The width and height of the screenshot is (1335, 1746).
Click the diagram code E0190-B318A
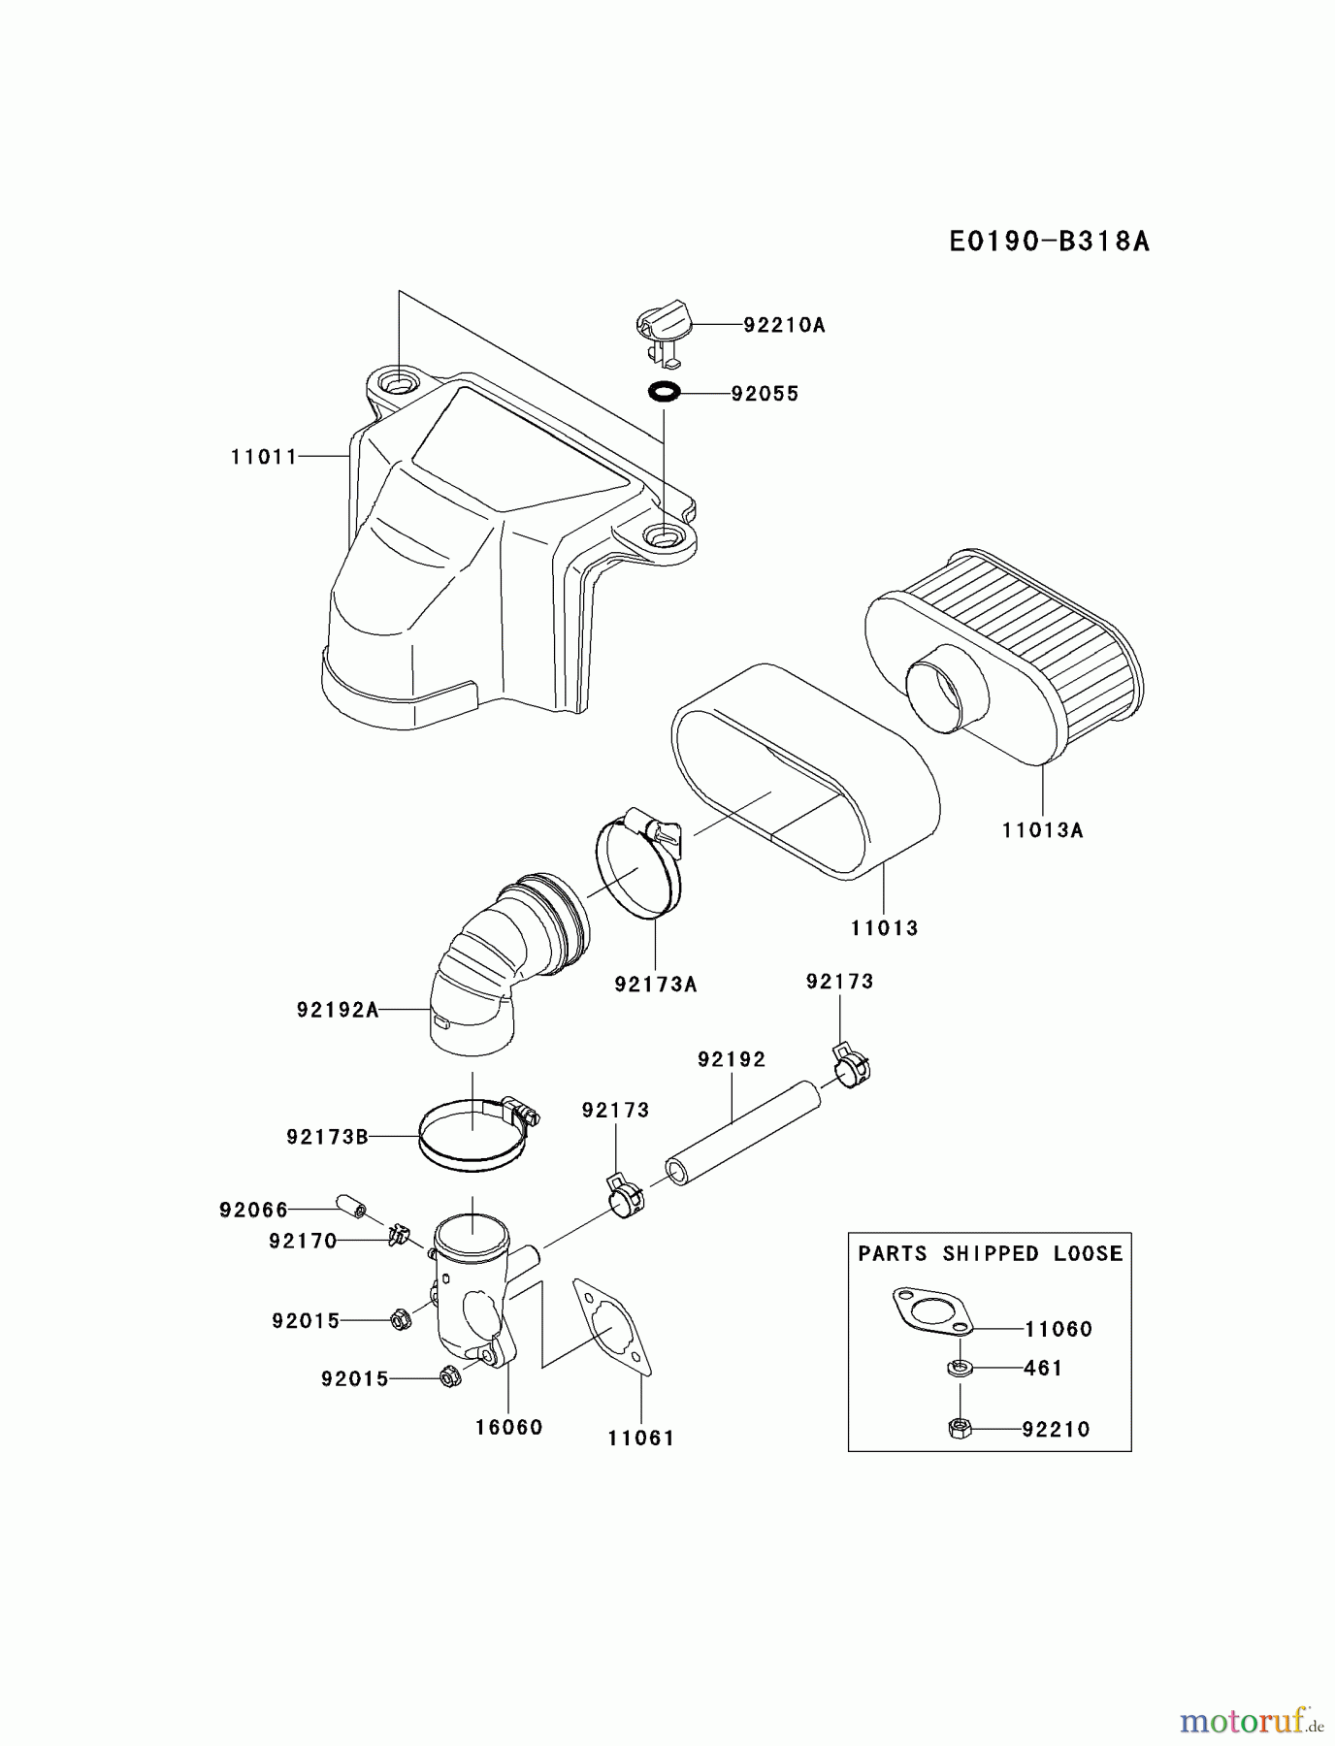[x=1049, y=241]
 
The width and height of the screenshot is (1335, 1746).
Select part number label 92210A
[x=784, y=325]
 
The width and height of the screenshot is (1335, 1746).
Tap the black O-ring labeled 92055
[x=664, y=393]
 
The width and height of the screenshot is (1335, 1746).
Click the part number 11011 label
[x=264, y=456]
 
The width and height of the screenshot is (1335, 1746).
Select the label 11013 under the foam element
[x=884, y=928]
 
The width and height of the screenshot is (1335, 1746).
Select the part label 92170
[x=303, y=1241]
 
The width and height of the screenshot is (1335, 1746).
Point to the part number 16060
[x=508, y=1427]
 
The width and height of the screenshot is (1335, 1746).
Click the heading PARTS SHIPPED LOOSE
[x=990, y=1253]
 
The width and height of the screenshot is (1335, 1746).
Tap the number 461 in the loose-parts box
[x=1043, y=1368]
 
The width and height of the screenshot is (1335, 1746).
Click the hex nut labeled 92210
[x=959, y=1428]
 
